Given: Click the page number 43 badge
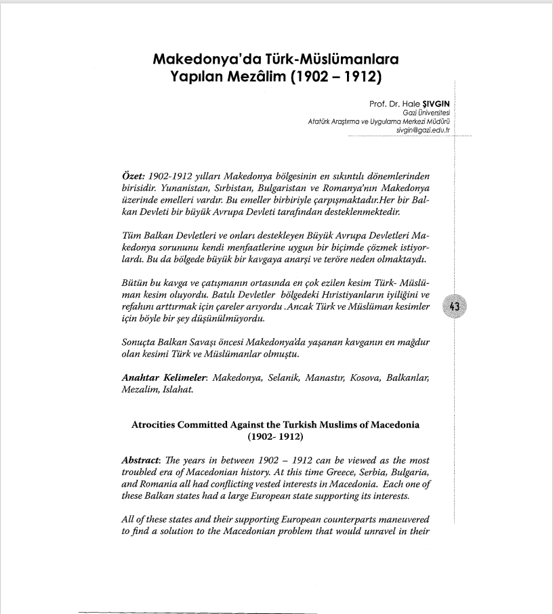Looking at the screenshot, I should [x=455, y=307].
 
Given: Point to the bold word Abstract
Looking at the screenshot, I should [x=144, y=459].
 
